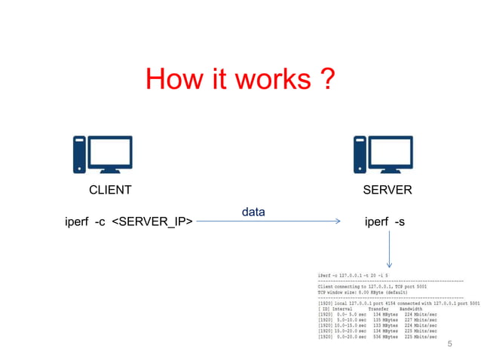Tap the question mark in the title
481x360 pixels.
pyautogui.click(x=326, y=80)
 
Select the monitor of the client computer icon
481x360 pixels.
pyautogui.click(x=110, y=152)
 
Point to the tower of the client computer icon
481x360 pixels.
pyautogui.click(x=78, y=155)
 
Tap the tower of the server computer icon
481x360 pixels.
pyautogui.click(x=360, y=155)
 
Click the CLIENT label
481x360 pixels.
pyautogui.click(x=110, y=190)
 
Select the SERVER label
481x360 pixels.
pyautogui.click(x=388, y=190)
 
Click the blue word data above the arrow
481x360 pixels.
pyautogui.click(x=253, y=212)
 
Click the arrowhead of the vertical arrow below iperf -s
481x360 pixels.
pyautogui.click(x=389, y=264)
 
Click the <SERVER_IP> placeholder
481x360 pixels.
pyautogui.click(x=152, y=221)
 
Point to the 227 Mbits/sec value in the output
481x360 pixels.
pyautogui.click(x=421, y=319)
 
